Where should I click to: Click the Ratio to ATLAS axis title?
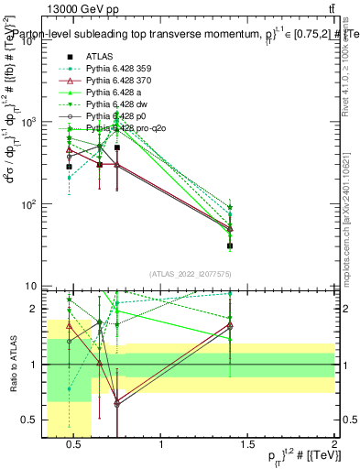coord(13,365)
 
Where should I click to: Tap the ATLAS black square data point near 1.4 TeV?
coord(230,245)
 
